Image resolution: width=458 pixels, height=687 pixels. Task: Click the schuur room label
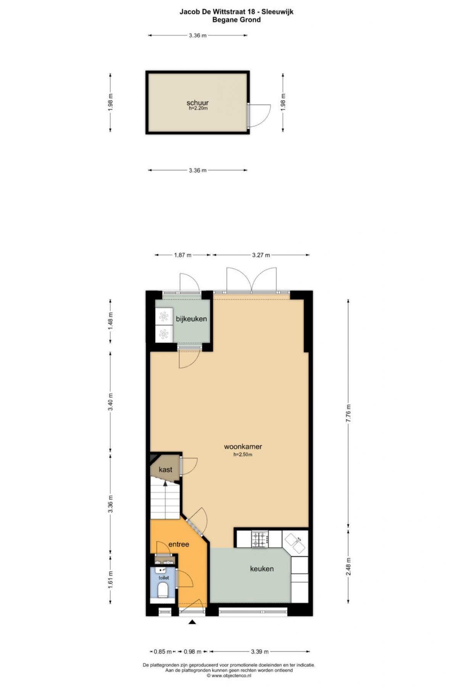[x=197, y=103]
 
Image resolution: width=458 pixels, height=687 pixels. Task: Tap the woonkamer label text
[x=243, y=447]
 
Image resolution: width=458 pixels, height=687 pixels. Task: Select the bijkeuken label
[x=191, y=319]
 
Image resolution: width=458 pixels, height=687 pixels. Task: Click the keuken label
[x=262, y=569]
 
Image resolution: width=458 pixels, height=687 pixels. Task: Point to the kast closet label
[x=165, y=469]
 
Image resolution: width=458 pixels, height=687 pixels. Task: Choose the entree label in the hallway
[x=179, y=544]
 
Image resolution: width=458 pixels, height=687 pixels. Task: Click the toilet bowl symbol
[x=163, y=590]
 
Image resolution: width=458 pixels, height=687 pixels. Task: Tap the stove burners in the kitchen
[x=260, y=539]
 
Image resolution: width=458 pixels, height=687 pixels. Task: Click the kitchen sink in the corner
[x=295, y=543]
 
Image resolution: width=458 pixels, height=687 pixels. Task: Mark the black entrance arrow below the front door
[x=192, y=622]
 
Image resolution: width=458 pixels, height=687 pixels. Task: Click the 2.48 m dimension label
[x=348, y=567]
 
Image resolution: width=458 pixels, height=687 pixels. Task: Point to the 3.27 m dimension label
[x=261, y=255]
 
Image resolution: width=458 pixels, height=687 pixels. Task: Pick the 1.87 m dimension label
[x=183, y=255]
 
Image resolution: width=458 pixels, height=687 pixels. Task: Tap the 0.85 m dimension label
[x=163, y=652]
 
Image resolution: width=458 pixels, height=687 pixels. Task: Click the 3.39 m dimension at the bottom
[x=260, y=652]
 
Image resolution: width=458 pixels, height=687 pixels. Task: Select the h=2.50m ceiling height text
[x=243, y=455]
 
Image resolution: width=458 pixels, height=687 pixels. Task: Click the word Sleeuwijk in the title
[x=277, y=12]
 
